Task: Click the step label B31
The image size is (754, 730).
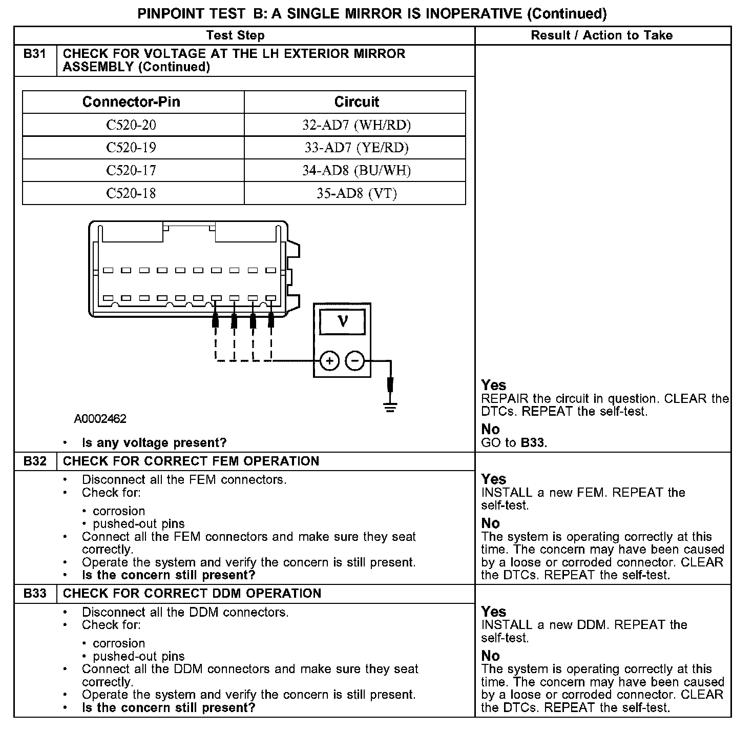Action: (x=34, y=54)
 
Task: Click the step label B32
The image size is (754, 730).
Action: (x=34, y=461)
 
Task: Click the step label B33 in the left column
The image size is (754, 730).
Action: (x=34, y=594)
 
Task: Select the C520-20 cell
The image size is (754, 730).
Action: (x=131, y=125)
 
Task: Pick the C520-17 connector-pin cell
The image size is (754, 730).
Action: (x=131, y=170)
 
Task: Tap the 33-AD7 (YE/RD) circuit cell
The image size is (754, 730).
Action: (x=357, y=148)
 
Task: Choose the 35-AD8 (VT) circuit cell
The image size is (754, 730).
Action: (x=357, y=193)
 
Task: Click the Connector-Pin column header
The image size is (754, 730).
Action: (x=131, y=102)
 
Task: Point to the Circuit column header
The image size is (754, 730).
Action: (x=357, y=102)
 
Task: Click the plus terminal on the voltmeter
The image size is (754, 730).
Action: (x=330, y=361)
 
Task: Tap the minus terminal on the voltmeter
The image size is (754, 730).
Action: (x=355, y=361)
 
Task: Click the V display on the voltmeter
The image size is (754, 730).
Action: (x=342, y=321)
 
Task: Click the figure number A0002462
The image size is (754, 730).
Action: (x=100, y=419)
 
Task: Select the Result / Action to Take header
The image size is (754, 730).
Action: (x=602, y=35)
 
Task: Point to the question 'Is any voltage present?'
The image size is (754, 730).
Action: (x=154, y=443)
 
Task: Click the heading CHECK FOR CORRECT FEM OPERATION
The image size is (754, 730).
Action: (x=191, y=461)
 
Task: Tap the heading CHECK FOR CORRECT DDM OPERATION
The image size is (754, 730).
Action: (x=192, y=594)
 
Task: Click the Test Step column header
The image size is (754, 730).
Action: (x=235, y=35)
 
